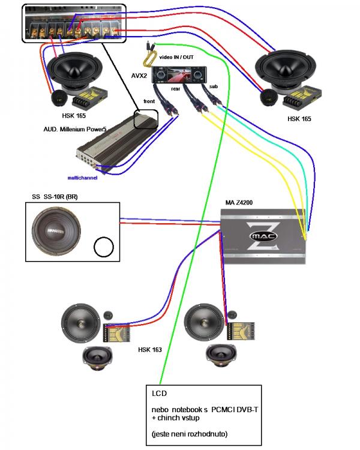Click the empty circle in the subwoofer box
pos(103,246)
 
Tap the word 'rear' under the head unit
pos(176,88)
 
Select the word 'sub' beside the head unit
pos(214,86)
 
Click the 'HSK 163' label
pos(150,349)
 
